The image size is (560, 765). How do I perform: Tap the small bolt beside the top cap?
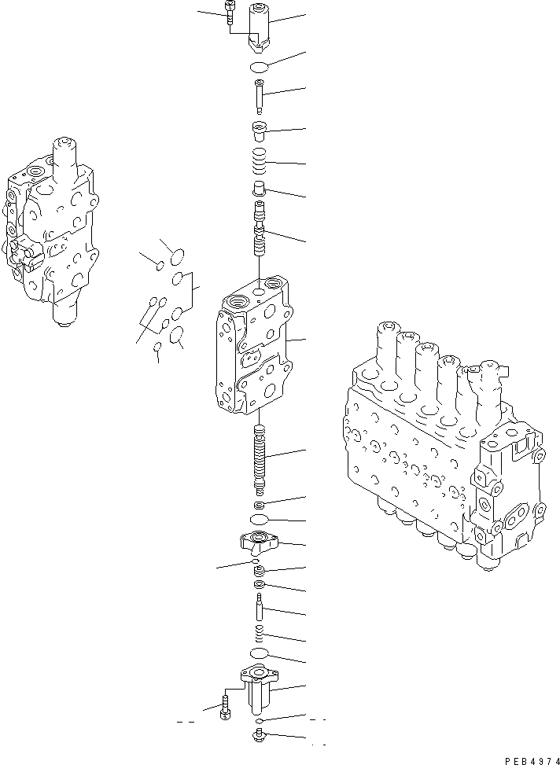pos(228,15)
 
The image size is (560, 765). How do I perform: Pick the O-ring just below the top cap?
pos(260,68)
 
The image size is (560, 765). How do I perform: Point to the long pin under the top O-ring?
pos(260,97)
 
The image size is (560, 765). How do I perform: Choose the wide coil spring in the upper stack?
pos(260,163)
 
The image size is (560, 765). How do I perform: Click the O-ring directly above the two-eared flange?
pos(260,520)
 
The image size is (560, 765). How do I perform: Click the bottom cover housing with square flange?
pos(260,685)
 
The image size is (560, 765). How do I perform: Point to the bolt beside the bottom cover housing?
pos(227,704)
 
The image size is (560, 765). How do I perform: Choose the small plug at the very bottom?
pos(260,736)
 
